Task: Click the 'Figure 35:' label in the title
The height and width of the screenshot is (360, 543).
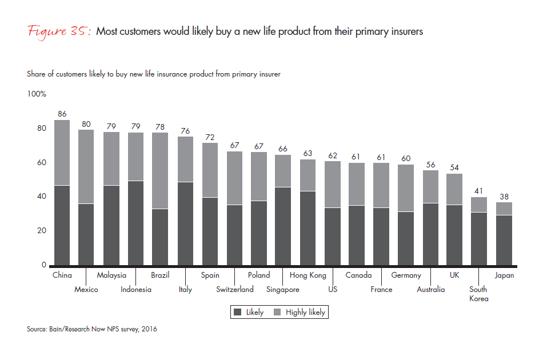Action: point(59,31)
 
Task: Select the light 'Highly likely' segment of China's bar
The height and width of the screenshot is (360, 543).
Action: point(62,153)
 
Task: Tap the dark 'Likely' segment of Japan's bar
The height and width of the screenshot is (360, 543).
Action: point(504,240)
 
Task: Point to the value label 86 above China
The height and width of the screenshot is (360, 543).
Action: point(62,114)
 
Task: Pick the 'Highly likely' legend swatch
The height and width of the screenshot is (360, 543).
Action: point(278,313)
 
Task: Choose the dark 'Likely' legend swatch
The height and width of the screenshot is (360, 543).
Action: point(238,313)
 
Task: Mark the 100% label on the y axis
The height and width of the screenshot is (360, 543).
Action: point(37,94)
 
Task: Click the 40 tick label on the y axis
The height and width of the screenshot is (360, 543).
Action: point(41,197)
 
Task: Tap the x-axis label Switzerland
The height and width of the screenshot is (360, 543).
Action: point(235,289)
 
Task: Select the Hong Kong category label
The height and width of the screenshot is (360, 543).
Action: point(308,275)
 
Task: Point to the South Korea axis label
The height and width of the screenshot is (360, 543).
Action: point(479,294)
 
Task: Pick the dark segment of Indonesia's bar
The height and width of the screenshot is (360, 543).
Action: point(136,223)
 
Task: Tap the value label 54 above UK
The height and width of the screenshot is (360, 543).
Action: point(454,168)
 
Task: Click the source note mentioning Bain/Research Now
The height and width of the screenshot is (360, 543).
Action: point(91,329)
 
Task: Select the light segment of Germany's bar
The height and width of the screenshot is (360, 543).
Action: point(406,188)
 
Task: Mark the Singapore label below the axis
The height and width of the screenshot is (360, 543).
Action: point(283,289)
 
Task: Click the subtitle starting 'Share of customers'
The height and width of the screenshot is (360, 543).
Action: point(153,74)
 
